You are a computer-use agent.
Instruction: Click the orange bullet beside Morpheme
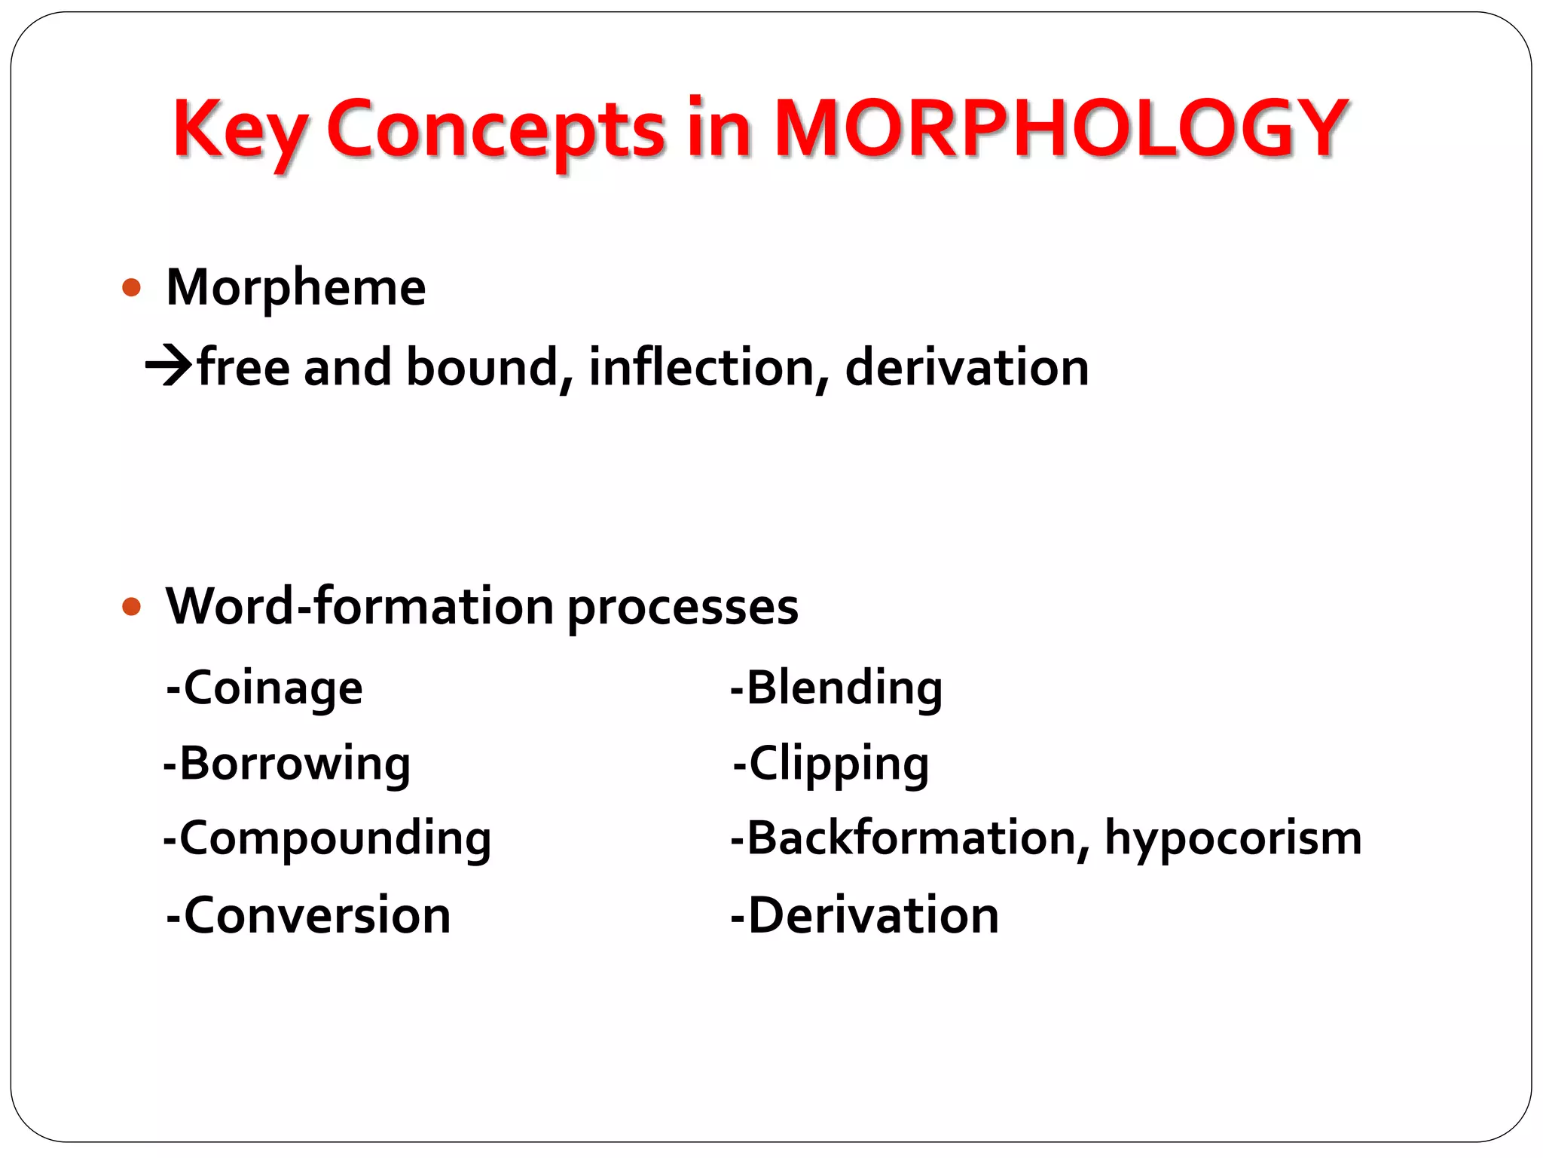click(x=132, y=287)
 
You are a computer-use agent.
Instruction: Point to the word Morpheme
click(x=296, y=287)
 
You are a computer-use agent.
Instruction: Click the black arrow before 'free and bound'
click(x=169, y=366)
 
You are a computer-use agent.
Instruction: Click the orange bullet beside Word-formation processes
click(x=132, y=606)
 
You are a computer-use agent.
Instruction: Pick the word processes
click(x=683, y=608)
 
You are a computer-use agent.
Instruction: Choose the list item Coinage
click(x=265, y=688)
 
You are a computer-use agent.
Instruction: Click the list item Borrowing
click(x=288, y=764)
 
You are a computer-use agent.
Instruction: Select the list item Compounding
click(x=328, y=839)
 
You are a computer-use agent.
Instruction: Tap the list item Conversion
click(x=309, y=915)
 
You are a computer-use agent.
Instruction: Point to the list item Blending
click(x=837, y=688)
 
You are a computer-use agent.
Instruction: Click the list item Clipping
click(x=832, y=764)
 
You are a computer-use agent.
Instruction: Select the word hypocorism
click(x=1233, y=839)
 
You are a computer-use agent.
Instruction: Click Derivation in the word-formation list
click(x=866, y=915)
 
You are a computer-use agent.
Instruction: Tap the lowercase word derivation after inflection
click(x=967, y=368)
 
